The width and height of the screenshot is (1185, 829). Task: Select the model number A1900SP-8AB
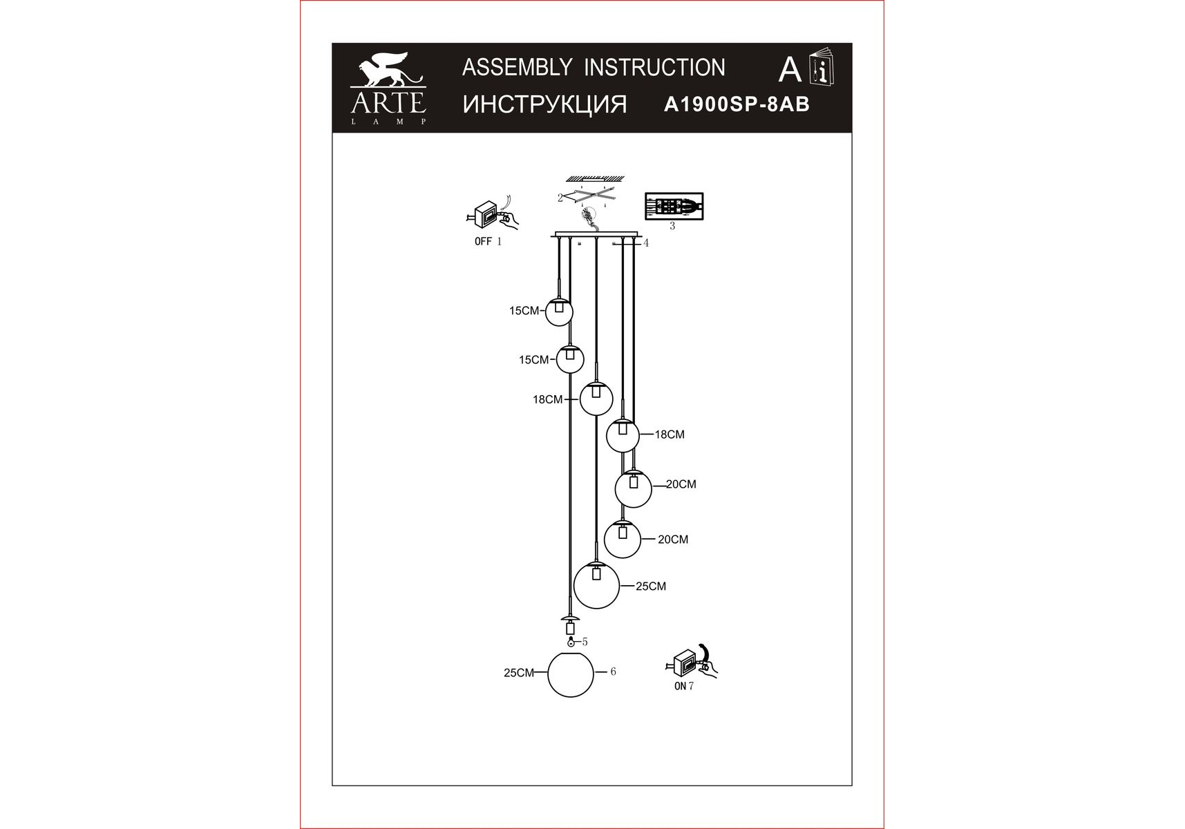(737, 104)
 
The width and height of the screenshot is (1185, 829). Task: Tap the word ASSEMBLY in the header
(517, 68)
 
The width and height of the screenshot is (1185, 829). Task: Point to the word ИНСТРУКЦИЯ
(544, 105)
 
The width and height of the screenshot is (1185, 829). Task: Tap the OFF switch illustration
(491, 215)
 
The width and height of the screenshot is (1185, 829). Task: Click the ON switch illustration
(691, 661)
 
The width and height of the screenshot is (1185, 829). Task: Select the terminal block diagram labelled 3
(674, 206)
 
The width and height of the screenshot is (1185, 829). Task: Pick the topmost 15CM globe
(559, 312)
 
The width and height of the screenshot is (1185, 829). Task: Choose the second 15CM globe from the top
(570, 359)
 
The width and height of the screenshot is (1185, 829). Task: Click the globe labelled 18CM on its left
(596, 399)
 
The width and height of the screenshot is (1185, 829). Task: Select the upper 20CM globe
(634, 489)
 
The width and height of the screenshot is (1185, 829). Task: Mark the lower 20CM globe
(623, 539)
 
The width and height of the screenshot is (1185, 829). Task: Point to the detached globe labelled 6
(571, 674)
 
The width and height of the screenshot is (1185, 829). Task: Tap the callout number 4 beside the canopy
(646, 243)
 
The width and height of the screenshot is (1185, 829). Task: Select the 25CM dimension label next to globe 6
(519, 673)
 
